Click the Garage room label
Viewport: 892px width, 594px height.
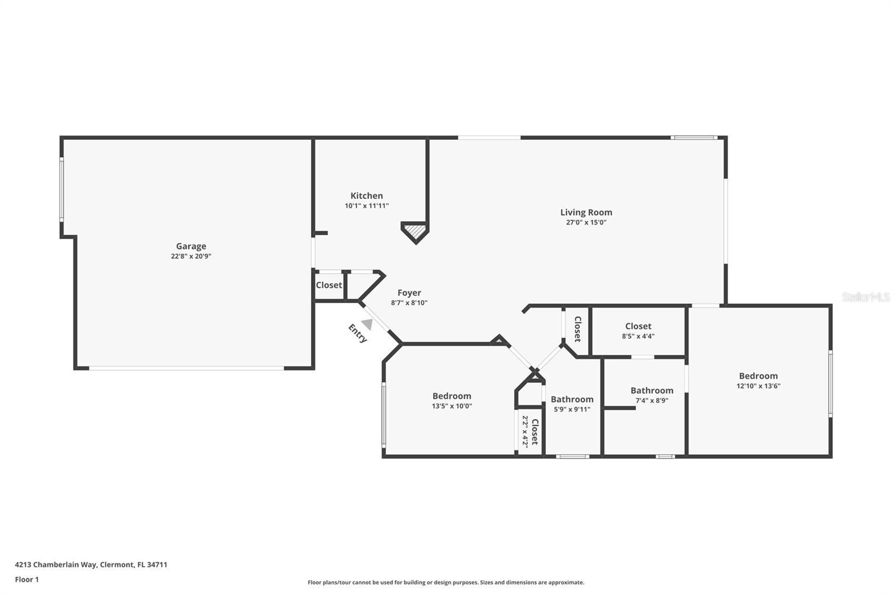tap(191, 246)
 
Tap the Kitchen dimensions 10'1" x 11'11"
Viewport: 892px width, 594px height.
tap(366, 206)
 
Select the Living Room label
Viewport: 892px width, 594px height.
tap(586, 212)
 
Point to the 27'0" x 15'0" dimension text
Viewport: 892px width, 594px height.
tap(586, 222)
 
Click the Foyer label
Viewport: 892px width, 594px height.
tap(409, 293)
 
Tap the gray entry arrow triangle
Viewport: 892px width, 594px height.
tap(367, 324)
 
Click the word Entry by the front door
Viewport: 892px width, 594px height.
tap(357, 333)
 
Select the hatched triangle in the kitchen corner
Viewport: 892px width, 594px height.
tap(414, 230)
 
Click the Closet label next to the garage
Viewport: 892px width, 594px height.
tap(329, 285)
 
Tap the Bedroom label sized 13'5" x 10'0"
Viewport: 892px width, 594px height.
tap(452, 396)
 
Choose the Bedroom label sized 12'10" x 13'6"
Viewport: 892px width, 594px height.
tap(758, 376)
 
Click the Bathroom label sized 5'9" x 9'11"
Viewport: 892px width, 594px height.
tap(572, 400)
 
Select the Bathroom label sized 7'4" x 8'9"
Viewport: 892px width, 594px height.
tap(652, 391)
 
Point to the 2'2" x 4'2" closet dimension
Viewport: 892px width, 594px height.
tap(525, 432)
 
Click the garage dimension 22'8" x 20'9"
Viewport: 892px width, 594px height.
tap(191, 256)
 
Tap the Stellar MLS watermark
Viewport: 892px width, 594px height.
tap(865, 297)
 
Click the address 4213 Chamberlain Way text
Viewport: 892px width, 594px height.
tap(91, 564)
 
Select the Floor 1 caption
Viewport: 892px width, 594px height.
tap(27, 580)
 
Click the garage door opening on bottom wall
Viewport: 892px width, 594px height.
tap(187, 368)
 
